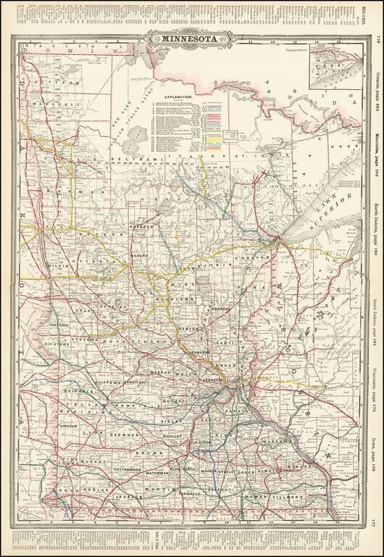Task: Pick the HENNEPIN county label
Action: tap(216, 379)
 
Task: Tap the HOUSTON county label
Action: tap(320, 495)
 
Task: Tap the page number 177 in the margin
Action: tap(372, 522)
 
